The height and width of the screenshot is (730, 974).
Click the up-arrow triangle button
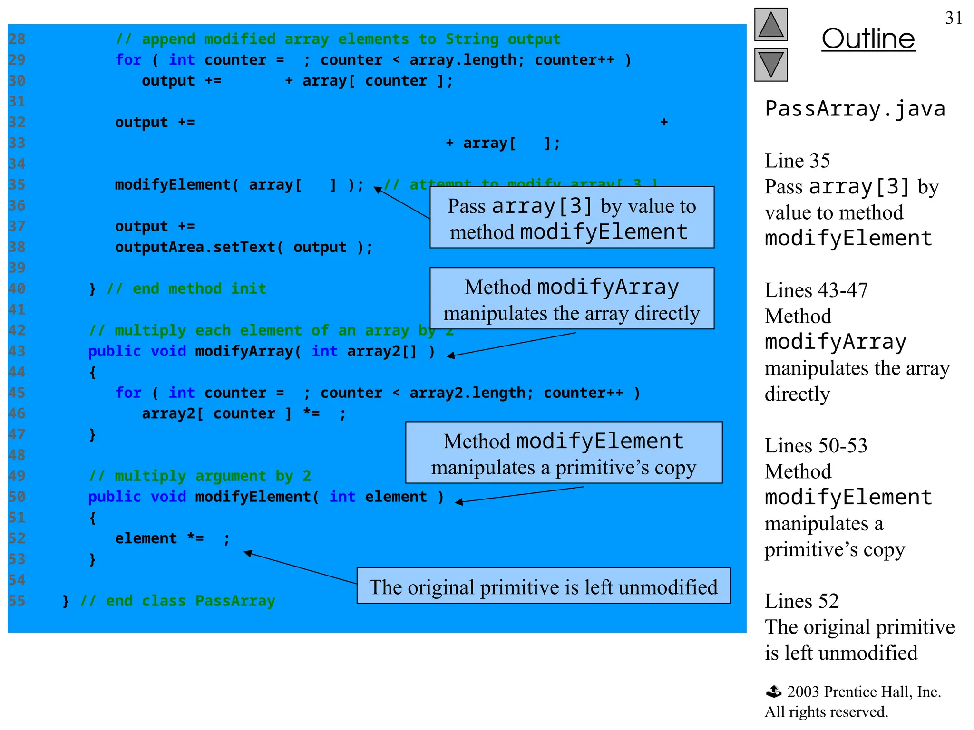(x=770, y=24)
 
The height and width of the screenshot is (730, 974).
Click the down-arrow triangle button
(x=770, y=65)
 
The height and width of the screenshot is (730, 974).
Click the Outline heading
(x=868, y=39)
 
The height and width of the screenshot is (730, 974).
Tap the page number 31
(x=954, y=18)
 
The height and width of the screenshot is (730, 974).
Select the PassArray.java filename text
(x=855, y=109)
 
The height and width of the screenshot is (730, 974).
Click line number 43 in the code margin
(x=17, y=351)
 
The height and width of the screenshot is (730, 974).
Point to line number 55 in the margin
(x=17, y=601)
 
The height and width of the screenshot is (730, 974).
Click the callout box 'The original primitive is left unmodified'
(x=543, y=586)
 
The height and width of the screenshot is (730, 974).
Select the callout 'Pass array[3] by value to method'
(x=572, y=218)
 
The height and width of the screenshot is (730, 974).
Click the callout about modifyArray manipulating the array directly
(x=572, y=298)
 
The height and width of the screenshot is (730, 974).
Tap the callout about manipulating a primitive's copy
(x=564, y=453)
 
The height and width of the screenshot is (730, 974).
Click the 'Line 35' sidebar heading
(x=797, y=161)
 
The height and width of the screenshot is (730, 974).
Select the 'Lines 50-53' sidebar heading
(x=816, y=446)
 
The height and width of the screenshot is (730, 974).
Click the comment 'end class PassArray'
(x=190, y=601)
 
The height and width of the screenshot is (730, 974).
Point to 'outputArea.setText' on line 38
(x=199, y=247)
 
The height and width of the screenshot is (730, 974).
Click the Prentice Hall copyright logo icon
(x=774, y=692)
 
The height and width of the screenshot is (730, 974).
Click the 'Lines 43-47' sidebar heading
(x=816, y=290)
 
